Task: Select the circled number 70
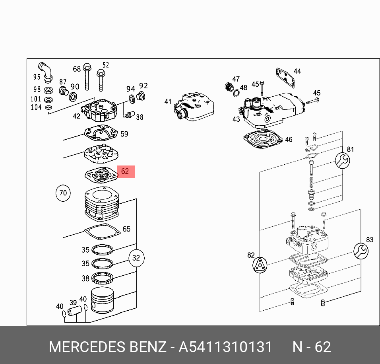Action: tap(63, 193)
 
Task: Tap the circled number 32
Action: tap(136, 258)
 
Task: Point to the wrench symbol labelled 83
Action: tap(361, 251)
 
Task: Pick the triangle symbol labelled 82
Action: tap(260, 265)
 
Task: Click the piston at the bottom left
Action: tap(103, 300)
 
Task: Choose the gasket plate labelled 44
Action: tap(285, 78)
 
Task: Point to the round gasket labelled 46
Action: tap(263, 140)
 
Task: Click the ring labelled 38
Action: tap(103, 277)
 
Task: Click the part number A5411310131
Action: tap(225, 347)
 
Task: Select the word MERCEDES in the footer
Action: tap(87, 347)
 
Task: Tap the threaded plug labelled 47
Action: tap(229, 86)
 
